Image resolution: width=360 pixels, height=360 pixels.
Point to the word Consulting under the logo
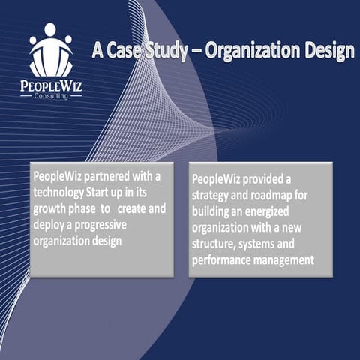click(51, 97)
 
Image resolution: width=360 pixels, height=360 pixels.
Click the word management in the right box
click(286, 260)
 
